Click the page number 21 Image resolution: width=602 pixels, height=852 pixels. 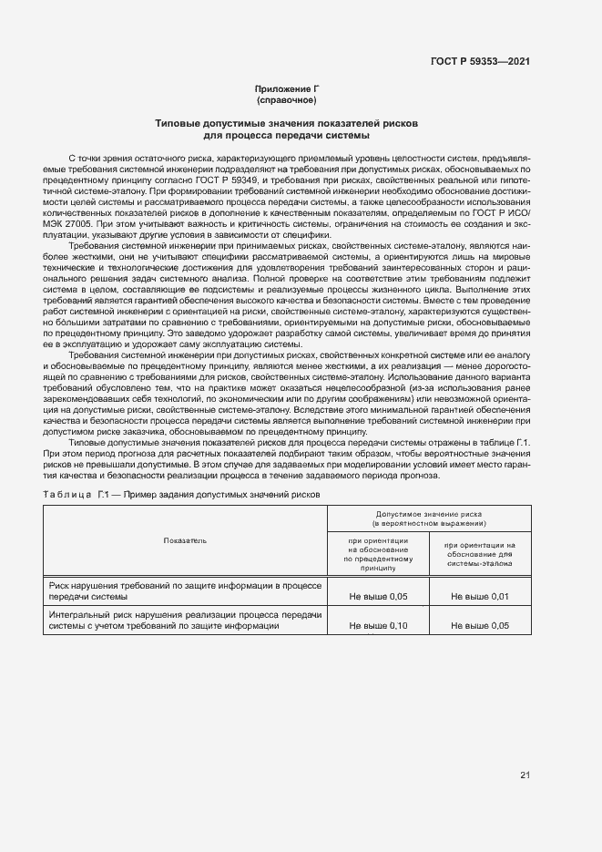click(x=525, y=775)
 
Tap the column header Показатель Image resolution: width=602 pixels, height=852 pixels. click(x=185, y=540)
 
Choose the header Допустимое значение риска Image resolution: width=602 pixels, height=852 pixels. click(x=428, y=515)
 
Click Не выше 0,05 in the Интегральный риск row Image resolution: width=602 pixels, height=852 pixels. click(x=479, y=627)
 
